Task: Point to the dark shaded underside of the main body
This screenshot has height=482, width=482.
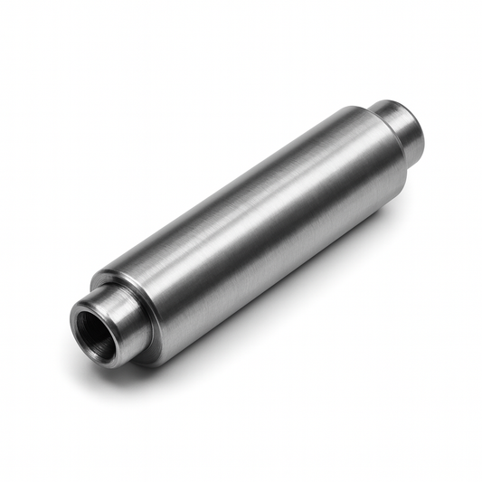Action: (280, 271)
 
